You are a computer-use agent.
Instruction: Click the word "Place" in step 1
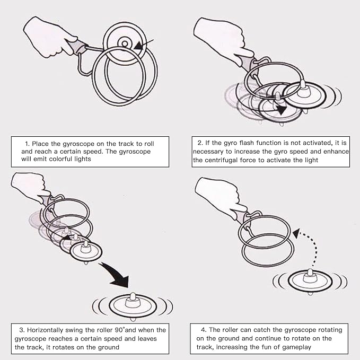tap(40, 144)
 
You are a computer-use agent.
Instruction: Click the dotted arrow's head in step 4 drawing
tap(296, 233)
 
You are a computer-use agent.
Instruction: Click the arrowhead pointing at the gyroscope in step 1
tap(139, 46)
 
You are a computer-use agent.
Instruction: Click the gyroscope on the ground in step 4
tap(310, 282)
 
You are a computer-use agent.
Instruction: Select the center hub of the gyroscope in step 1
tap(125, 43)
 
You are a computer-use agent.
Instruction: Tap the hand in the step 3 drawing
tap(30, 186)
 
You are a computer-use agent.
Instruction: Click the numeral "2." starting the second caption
tap(200, 143)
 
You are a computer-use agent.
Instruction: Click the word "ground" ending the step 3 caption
tap(109, 347)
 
